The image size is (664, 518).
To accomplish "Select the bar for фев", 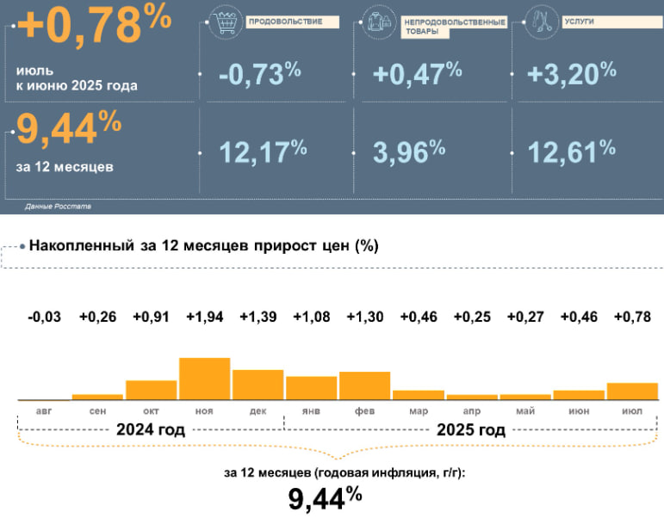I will [364, 385].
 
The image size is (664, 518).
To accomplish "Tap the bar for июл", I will [632, 392].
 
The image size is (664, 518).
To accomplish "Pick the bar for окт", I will [151, 390].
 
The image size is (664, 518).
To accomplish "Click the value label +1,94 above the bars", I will [204, 318].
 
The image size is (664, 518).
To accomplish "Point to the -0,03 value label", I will [44, 318].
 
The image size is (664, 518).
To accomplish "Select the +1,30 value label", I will [364, 318].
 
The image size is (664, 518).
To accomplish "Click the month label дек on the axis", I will [258, 411].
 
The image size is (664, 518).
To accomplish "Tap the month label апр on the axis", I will [472, 411].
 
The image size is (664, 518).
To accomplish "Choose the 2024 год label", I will [151, 429].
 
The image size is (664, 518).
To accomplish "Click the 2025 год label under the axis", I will [471, 429].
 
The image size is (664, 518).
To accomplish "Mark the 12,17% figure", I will [263, 152].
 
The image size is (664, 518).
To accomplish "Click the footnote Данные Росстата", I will [58, 207].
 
